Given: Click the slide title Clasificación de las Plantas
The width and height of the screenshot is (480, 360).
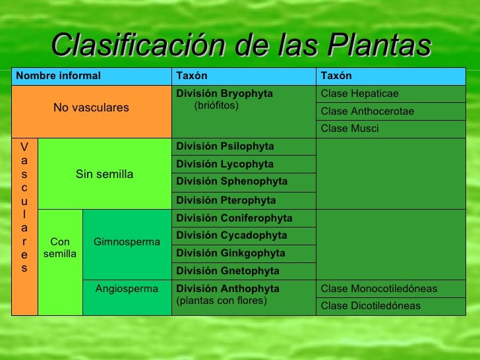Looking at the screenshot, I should [240, 45].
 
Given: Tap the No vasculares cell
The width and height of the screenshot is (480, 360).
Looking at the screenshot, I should [91, 107].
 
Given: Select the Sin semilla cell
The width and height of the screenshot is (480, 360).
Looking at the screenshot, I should [104, 174].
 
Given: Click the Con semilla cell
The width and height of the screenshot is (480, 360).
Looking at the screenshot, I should [60, 248].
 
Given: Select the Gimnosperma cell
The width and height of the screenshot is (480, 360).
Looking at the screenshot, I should [127, 242].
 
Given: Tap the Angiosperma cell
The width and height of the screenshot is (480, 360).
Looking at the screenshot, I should [127, 289].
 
